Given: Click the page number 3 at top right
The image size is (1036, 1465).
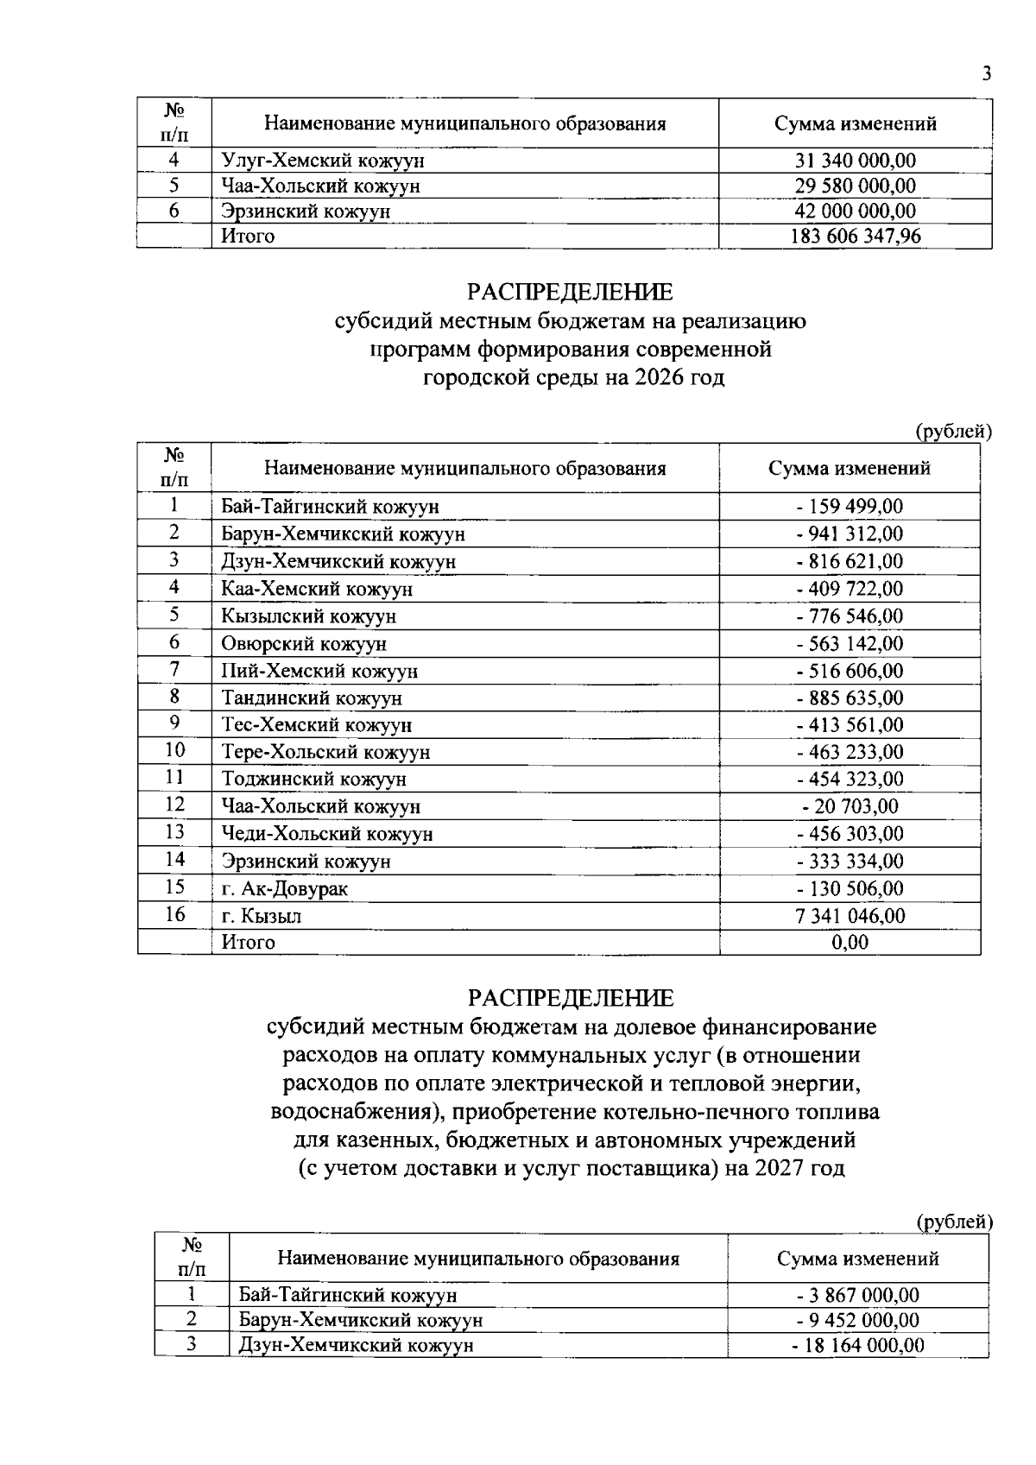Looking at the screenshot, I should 985,74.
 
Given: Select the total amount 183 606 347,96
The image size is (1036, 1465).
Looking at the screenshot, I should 855,236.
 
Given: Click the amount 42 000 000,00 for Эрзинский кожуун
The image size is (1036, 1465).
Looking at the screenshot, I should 855,211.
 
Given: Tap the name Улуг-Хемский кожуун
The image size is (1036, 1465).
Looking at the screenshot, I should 323,161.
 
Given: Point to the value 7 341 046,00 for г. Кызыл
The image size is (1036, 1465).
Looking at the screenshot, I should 850,916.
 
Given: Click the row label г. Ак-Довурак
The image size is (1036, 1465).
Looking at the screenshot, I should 285,888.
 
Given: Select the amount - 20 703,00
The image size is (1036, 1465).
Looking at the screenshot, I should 850,806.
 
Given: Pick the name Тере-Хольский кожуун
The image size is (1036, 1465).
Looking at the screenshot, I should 325,752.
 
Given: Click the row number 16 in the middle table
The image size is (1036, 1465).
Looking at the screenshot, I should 174,914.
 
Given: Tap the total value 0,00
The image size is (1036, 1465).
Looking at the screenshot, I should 850,943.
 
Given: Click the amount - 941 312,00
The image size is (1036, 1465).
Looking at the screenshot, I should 850,534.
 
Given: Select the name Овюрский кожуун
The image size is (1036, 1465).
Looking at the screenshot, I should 304,643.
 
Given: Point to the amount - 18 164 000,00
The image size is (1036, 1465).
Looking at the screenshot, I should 857,1345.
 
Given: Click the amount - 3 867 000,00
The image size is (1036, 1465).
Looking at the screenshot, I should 857,1295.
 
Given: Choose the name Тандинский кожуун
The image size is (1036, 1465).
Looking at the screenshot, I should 312,698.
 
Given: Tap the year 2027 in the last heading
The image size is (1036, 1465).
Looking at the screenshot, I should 781,1169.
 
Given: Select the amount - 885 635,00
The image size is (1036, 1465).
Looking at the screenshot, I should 850,698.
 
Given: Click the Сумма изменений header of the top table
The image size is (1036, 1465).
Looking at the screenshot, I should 855,123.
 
